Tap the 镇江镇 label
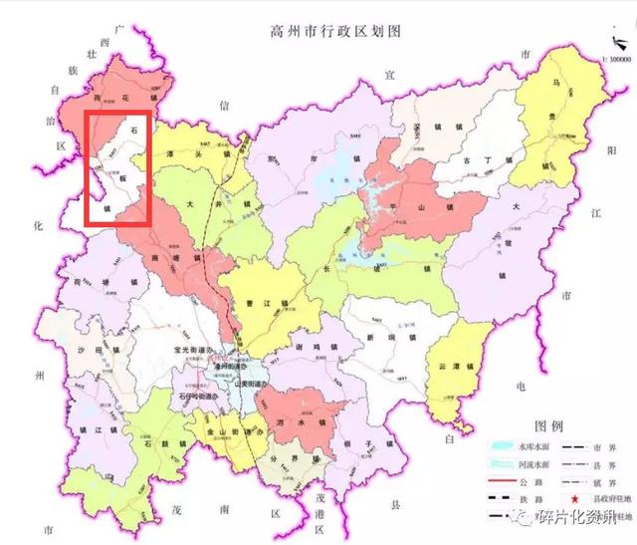click(92, 428)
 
